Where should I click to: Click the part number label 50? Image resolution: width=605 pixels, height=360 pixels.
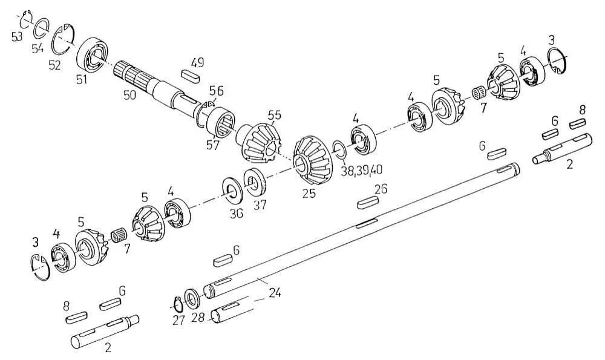tap(129, 94)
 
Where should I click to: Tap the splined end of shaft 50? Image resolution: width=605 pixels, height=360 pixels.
tap(131, 74)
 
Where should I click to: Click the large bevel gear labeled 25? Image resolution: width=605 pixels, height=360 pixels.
tap(313, 160)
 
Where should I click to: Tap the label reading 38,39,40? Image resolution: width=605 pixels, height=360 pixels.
tap(362, 170)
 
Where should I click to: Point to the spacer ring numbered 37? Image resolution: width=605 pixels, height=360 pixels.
tap(254, 182)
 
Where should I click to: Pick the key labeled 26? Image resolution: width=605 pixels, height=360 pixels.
tap(369, 202)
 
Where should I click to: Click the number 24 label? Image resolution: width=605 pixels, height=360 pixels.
tap(275, 293)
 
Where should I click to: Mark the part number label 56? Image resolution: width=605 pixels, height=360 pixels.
tap(216, 91)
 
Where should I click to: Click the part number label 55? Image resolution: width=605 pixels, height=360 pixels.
tap(274, 116)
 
